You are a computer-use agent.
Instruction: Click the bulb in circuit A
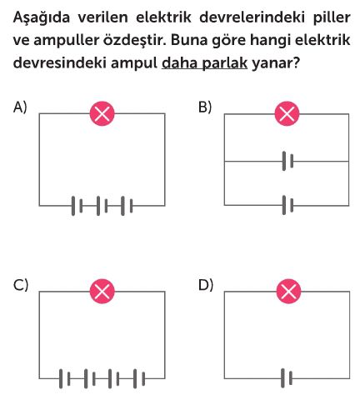(x=102, y=113)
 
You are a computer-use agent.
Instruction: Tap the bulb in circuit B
(x=287, y=113)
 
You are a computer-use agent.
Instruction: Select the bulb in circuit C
(x=102, y=291)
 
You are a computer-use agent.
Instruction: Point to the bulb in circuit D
(x=288, y=291)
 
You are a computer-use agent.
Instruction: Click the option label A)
(x=20, y=107)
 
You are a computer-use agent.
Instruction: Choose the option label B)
(x=205, y=107)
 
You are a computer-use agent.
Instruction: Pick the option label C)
(x=21, y=285)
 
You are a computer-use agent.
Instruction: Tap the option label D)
(x=206, y=285)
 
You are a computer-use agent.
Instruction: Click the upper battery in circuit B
(x=287, y=161)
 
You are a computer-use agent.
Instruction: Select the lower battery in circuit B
(x=287, y=205)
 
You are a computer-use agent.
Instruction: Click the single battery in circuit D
(x=287, y=378)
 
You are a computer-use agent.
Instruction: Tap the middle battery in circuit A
(x=102, y=206)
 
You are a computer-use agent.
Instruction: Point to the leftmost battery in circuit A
(x=77, y=206)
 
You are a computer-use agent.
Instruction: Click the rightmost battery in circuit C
(x=139, y=378)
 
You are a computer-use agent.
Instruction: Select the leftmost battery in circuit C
(x=64, y=378)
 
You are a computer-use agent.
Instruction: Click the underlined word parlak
(x=224, y=63)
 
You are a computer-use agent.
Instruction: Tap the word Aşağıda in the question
(x=42, y=17)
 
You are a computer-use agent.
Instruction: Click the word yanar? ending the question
(x=276, y=63)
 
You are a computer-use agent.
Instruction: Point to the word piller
(x=332, y=17)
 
